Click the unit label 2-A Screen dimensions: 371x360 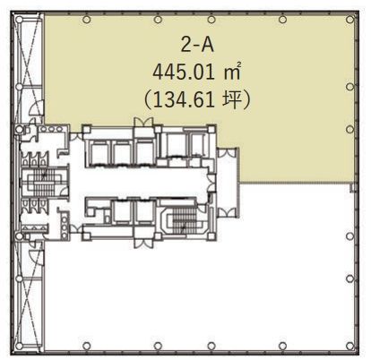[197, 46]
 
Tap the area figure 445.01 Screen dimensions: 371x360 [184, 73]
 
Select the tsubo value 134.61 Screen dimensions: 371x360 [184, 99]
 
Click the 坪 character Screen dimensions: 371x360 [232, 99]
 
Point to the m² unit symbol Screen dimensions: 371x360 [232, 72]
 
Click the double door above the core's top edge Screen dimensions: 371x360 [143, 123]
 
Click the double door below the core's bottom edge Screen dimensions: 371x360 [143, 242]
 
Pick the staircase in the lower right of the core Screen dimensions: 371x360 [184, 220]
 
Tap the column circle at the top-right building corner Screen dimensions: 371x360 [349, 20]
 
